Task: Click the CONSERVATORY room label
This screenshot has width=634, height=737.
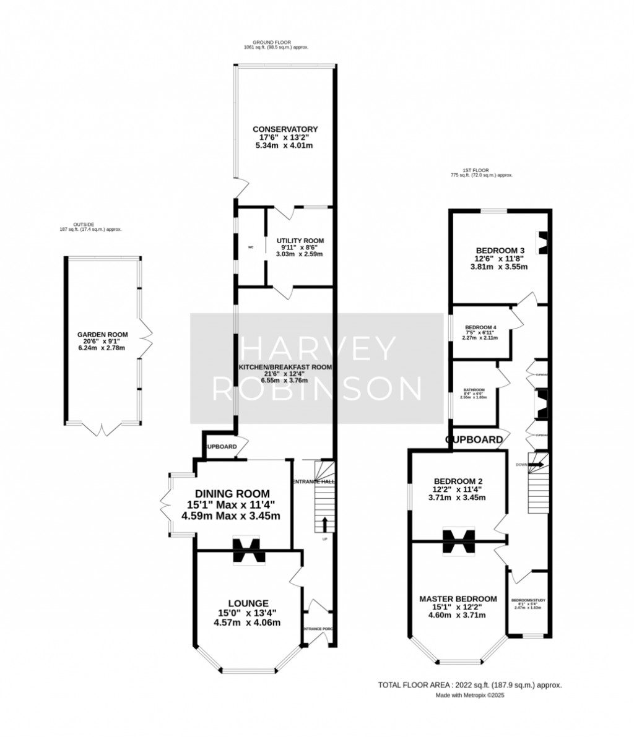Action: (x=285, y=129)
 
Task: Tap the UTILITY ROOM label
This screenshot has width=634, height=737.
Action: (x=300, y=241)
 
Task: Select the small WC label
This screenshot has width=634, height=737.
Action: (x=251, y=248)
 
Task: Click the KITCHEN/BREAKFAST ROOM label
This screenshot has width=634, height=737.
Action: (x=285, y=367)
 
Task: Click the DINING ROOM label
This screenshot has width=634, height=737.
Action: (x=232, y=493)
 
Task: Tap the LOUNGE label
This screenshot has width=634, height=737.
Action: (x=248, y=603)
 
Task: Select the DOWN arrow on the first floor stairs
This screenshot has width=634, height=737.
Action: (x=536, y=464)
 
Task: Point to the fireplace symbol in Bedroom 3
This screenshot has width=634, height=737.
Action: (x=543, y=242)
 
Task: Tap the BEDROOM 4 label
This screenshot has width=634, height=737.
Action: (x=481, y=327)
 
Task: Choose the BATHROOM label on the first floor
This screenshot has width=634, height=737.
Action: (x=474, y=390)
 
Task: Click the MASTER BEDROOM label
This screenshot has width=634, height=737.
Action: (x=458, y=599)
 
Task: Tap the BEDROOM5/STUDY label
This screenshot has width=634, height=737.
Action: (x=527, y=600)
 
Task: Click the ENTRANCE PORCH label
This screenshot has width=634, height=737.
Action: (x=319, y=629)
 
